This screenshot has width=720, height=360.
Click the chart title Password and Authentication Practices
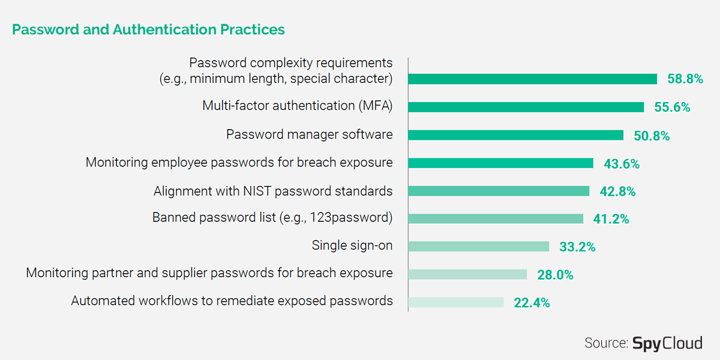tap(149, 29)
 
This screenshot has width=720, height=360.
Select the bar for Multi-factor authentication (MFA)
tap(526, 107)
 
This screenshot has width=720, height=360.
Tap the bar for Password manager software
tap(515, 135)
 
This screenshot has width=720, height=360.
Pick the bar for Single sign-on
tap(479, 247)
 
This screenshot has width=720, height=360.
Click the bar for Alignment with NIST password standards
tap(499, 191)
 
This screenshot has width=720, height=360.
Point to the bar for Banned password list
tap(496, 218)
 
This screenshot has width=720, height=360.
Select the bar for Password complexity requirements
tap(533, 79)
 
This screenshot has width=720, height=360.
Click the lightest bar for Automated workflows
tap(456, 302)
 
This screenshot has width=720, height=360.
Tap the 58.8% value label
tap(685, 79)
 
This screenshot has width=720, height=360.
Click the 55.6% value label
tap(672, 107)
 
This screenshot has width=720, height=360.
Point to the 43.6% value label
tap(622, 164)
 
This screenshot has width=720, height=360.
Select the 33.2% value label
tap(577, 247)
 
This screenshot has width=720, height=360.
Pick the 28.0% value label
tap(555, 275)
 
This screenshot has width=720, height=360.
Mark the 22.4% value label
tap(532, 303)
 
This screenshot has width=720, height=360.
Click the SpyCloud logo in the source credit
tap(668, 343)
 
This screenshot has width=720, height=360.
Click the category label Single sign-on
tap(352, 245)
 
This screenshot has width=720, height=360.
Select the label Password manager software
tap(310, 134)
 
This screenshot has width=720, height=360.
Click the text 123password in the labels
tap(349, 218)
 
